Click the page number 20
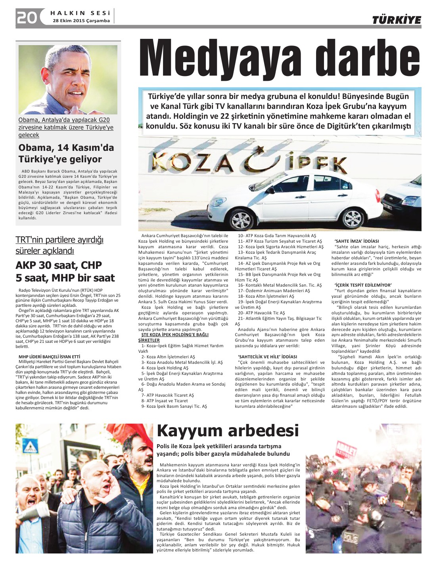point(27,17)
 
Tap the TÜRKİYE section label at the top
point(396,20)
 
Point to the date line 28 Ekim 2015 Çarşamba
point(81,21)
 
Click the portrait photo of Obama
point(68,80)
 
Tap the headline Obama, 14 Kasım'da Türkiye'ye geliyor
point(66,153)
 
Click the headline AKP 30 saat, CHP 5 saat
point(65,272)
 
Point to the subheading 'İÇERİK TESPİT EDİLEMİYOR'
point(363,285)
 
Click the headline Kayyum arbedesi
point(228,431)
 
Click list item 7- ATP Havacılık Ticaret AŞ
point(167,395)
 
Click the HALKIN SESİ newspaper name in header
point(80,13)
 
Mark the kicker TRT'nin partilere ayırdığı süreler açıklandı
point(59,245)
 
